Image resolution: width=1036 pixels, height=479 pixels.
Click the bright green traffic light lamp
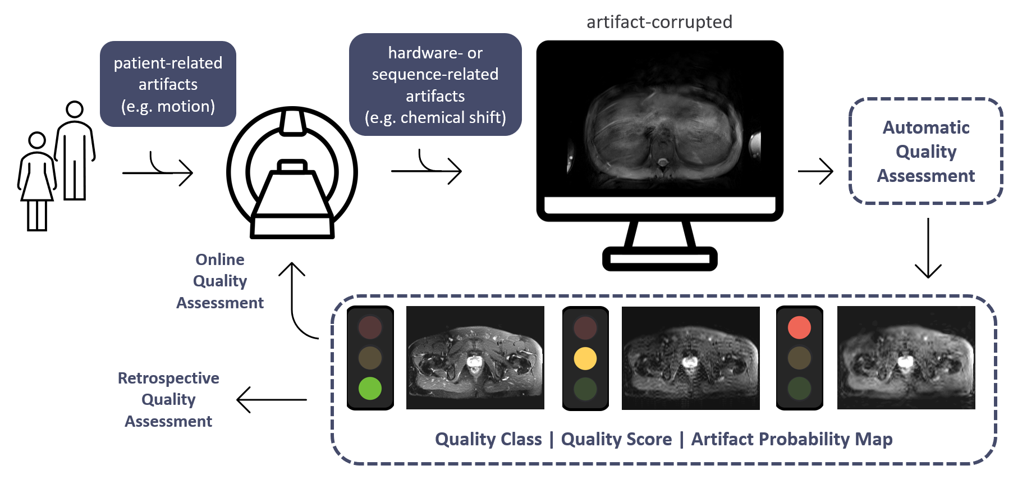pyautogui.click(x=370, y=388)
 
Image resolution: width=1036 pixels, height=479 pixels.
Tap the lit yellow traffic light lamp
pyautogui.click(x=585, y=358)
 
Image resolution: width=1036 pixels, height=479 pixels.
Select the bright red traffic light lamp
pyautogui.click(x=799, y=327)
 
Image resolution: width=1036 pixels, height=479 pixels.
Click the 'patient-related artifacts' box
pyautogui.click(x=168, y=84)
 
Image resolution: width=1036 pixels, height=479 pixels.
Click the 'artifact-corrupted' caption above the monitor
pyautogui.click(x=659, y=22)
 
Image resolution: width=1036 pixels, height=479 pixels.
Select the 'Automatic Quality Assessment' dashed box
pyautogui.click(x=926, y=151)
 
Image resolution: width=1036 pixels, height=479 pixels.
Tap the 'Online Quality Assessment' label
pyautogui.click(x=220, y=281)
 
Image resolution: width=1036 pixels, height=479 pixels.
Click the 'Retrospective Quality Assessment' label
pyautogui.click(x=168, y=399)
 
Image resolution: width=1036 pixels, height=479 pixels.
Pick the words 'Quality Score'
pyautogui.click(x=616, y=439)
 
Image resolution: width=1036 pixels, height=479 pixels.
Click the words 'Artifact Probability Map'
pyautogui.click(x=792, y=439)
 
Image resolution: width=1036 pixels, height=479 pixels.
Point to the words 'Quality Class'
pyautogui.click(x=488, y=439)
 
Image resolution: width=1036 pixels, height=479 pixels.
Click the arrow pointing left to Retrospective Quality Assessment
pyautogui.click(x=272, y=400)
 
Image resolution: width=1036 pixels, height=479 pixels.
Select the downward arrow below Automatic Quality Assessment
pyautogui.click(x=928, y=248)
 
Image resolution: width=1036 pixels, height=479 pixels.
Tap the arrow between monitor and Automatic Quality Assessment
pyautogui.click(x=815, y=171)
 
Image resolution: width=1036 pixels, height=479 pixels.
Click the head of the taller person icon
pyautogui.click(x=75, y=110)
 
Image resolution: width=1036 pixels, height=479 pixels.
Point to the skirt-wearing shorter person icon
pyautogui.click(x=37, y=181)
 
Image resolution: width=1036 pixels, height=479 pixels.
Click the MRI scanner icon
pyautogui.click(x=292, y=173)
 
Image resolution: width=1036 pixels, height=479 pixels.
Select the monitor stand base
pyautogui.click(x=660, y=259)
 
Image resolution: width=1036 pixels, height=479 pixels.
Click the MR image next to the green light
pyautogui.click(x=475, y=358)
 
